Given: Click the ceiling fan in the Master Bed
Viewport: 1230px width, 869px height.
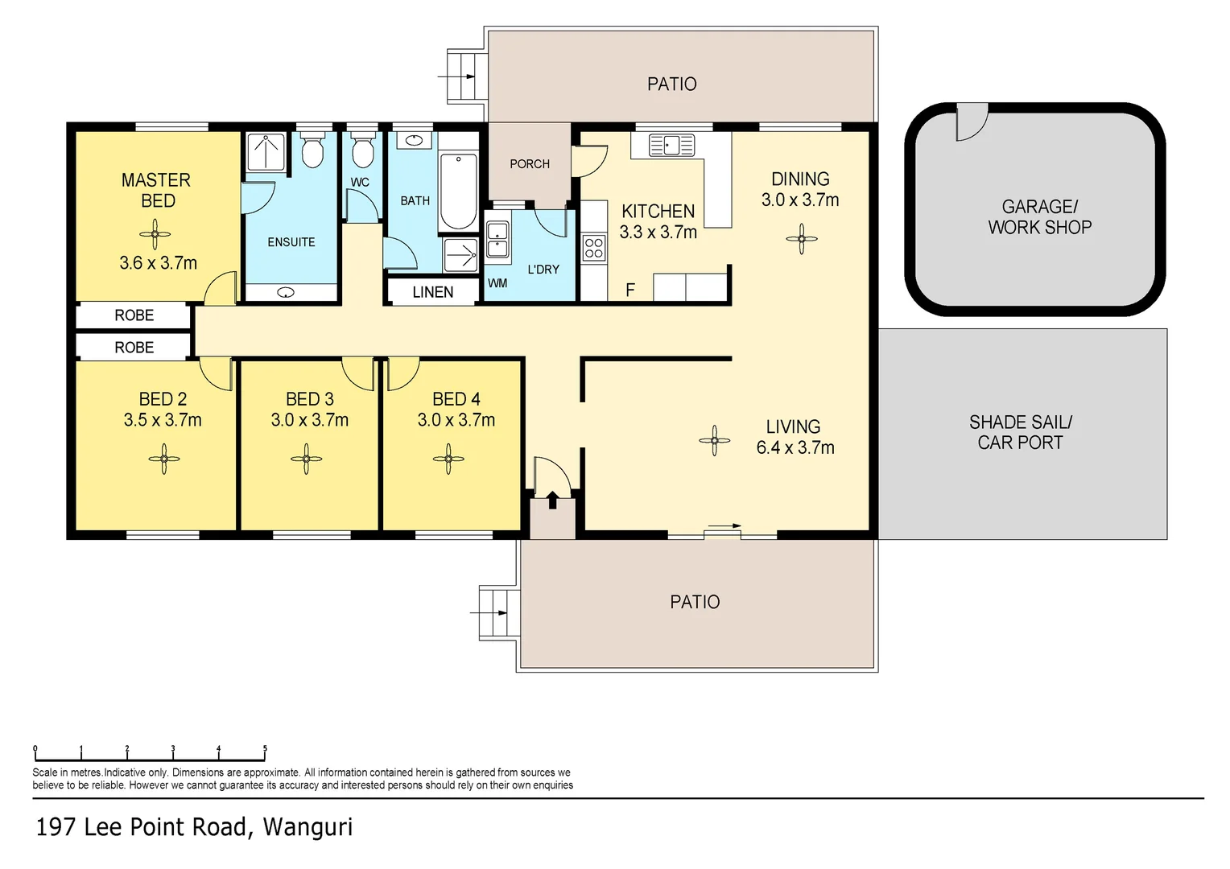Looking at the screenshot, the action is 155,235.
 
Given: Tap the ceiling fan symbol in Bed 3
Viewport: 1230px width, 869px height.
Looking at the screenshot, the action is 307,459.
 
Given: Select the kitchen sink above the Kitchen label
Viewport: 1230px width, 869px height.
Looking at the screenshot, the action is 671,146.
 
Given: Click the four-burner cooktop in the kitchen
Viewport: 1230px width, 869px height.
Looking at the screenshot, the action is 594,248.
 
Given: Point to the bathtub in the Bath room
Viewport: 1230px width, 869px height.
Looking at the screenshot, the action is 459,192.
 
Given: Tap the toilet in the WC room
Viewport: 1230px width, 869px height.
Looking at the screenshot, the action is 362,150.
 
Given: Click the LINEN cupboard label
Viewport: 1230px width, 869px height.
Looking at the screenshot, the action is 433,292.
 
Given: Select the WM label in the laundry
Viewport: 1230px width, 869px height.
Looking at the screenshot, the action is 497,283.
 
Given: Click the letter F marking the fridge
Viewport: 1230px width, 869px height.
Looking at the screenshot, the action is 630,290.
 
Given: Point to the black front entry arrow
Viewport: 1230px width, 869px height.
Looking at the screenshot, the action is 552,500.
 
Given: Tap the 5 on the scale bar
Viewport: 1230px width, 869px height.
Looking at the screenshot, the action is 265,748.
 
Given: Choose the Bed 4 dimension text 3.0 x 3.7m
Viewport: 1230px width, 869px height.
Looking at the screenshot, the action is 456,420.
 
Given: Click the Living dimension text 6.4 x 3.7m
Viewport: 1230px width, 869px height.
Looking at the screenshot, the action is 795,447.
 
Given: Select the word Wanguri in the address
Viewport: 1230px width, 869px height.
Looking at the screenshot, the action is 307,827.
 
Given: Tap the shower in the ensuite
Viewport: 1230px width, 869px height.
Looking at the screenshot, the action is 266,151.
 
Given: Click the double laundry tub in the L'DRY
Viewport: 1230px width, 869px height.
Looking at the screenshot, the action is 497,240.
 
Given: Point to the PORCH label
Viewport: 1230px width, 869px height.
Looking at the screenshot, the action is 530,163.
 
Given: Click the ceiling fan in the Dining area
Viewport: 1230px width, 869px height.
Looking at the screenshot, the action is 801,239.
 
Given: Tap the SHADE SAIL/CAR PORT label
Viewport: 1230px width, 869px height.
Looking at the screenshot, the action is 1020,432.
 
